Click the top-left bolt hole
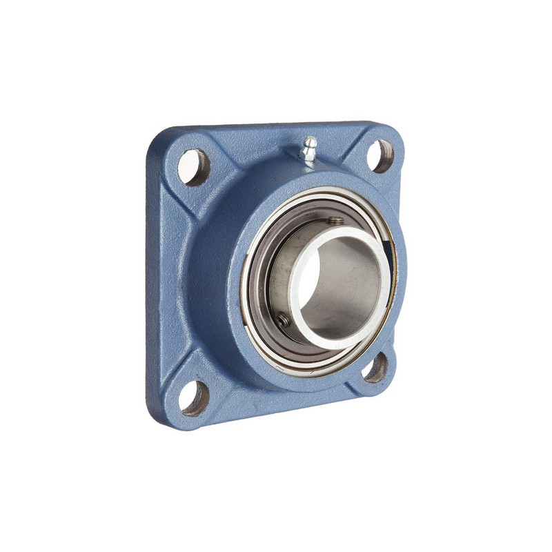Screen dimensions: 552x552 tap(193, 167)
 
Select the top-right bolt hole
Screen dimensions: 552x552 tap(379, 156)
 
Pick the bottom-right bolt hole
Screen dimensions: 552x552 tap(376, 368)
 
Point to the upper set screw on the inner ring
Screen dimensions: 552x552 tap(336, 221)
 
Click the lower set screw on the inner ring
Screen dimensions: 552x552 tap(283, 319)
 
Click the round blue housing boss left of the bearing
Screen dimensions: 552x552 tap(207, 276)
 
